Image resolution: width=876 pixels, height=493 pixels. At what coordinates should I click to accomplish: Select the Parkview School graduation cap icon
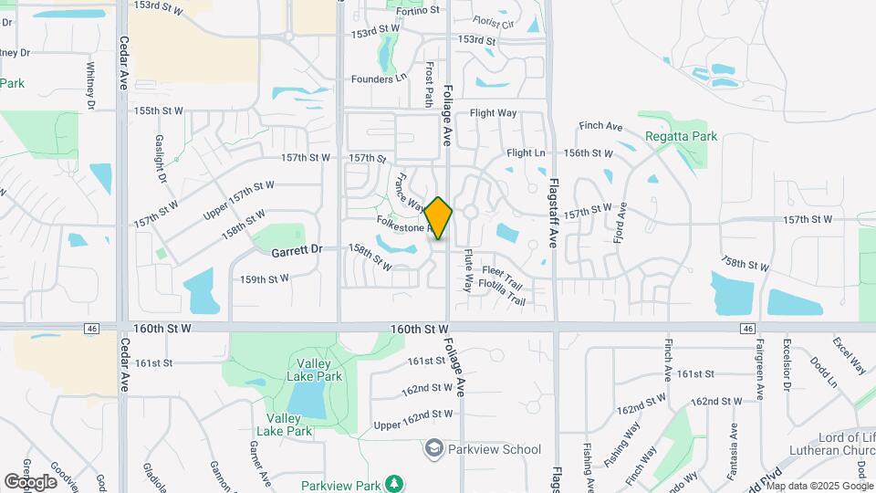(433, 449)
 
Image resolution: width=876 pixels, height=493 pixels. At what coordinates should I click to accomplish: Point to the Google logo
(30, 482)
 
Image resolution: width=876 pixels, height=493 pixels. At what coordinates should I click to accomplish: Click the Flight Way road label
(493, 113)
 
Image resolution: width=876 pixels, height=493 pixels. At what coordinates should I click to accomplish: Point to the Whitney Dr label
(90, 84)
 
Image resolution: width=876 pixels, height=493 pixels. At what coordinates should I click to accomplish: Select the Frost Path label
(429, 84)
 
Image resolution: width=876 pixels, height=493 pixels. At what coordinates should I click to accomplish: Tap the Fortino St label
(419, 10)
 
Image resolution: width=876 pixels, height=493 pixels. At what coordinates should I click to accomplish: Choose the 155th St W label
(159, 110)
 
